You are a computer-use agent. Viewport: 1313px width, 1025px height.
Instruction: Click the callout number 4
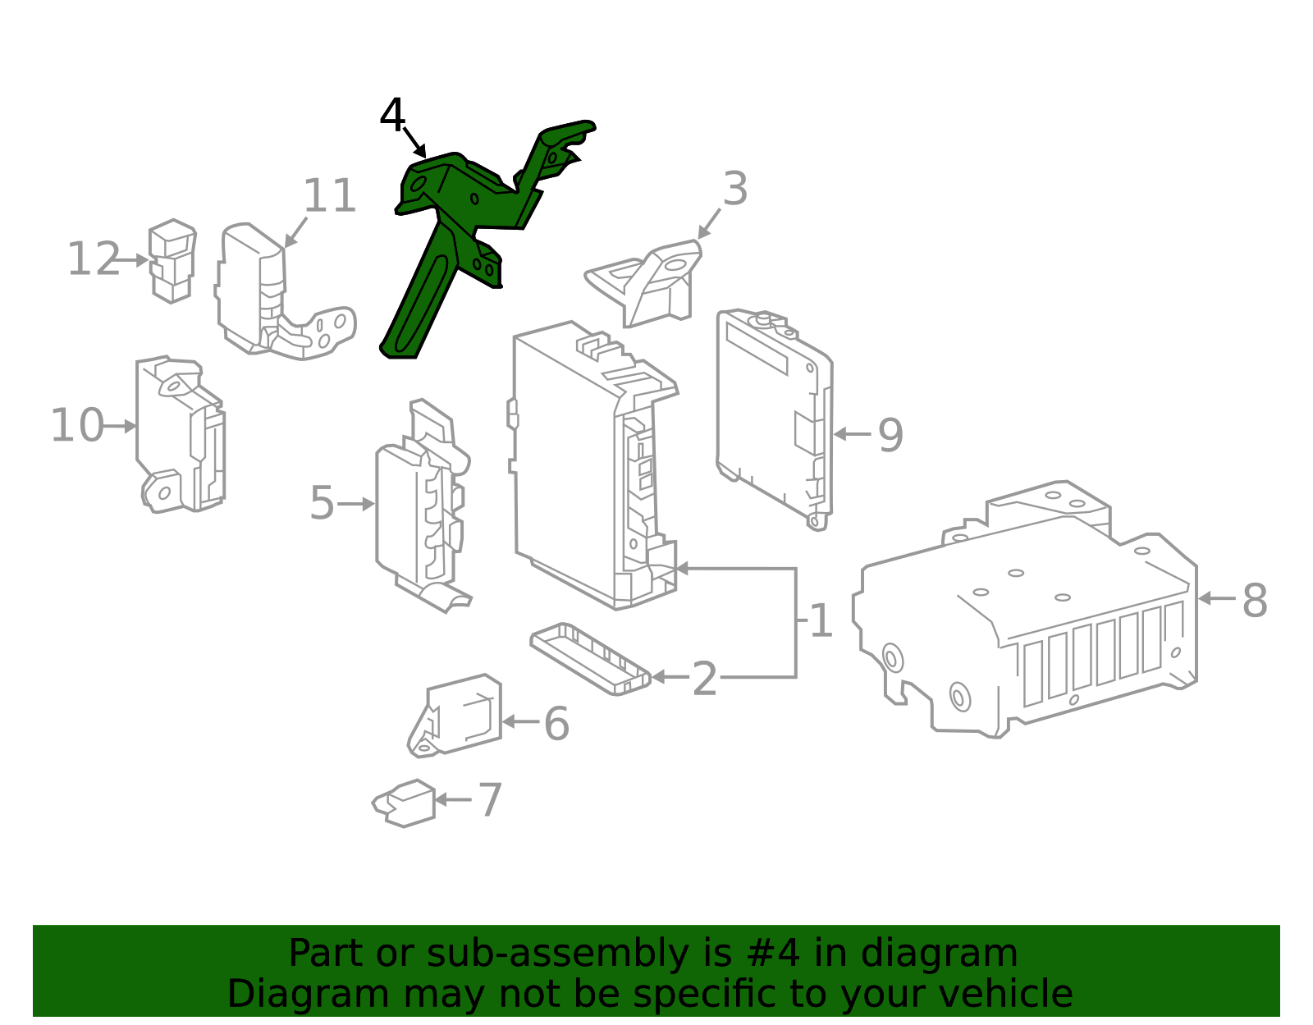pos(392,115)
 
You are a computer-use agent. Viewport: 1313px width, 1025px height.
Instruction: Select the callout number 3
pos(735,189)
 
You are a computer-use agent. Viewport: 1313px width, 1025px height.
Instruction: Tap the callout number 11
pos(329,195)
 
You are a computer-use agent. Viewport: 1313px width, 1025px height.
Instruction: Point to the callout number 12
pos(94,259)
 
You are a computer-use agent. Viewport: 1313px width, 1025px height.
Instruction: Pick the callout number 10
pos(77,426)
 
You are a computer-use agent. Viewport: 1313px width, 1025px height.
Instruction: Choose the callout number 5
pos(322,503)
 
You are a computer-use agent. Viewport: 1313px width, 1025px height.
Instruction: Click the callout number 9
pos(890,435)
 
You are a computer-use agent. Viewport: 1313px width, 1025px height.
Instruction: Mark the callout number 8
pos(1255,601)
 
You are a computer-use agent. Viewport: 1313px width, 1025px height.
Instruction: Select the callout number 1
pos(821,620)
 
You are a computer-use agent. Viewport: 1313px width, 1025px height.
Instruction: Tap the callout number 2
pos(705,680)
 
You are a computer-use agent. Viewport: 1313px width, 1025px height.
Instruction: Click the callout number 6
pos(556,724)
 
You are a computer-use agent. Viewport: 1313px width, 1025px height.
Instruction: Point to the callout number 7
pos(490,800)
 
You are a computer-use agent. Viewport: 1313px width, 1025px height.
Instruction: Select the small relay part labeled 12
pos(172,261)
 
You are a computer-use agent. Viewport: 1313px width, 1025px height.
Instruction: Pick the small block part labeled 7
pos(404,803)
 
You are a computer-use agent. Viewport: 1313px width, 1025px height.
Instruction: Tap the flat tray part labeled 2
pos(590,659)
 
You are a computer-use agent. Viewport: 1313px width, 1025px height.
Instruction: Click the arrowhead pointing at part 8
pos(1205,598)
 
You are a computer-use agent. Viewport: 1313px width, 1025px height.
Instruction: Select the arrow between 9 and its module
pos(853,433)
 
